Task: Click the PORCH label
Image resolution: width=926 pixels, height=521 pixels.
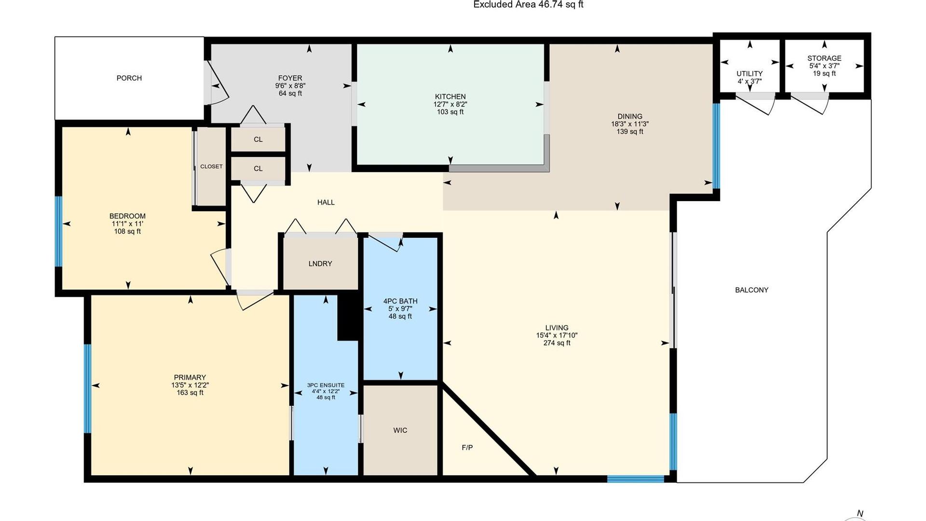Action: pyautogui.click(x=129, y=78)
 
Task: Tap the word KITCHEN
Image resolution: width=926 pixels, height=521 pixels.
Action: pyautogui.click(x=450, y=96)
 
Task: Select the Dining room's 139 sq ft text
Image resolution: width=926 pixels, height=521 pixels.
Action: pyautogui.click(x=630, y=132)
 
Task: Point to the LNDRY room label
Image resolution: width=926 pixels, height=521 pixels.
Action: pyautogui.click(x=320, y=264)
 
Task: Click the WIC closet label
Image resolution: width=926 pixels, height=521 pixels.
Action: pyautogui.click(x=400, y=430)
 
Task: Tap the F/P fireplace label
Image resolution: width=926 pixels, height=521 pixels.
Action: pyautogui.click(x=467, y=448)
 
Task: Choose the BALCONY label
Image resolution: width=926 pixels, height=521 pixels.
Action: pyautogui.click(x=752, y=290)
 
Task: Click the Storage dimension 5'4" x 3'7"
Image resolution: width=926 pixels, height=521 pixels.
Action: pyautogui.click(x=824, y=66)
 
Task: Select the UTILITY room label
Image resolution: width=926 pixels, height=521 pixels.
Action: pyautogui.click(x=749, y=74)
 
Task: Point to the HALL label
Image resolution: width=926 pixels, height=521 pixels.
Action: pyautogui.click(x=326, y=203)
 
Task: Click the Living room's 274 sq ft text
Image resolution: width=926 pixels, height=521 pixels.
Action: pyautogui.click(x=557, y=343)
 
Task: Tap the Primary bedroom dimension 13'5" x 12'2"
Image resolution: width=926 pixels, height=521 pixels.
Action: pyautogui.click(x=190, y=385)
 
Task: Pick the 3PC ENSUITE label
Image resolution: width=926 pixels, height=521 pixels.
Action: pyautogui.click(x=326, y=385)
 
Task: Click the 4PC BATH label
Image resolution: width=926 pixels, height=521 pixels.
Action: pyautogui.click(x=400, y=301)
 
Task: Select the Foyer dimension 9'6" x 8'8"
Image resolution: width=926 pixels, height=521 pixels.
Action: pyautogui.click(x=290, y=86)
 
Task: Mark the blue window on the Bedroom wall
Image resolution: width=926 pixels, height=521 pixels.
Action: pyautogui.click(x=58, y=231)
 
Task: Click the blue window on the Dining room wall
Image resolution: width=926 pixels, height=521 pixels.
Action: pyautogui.click(x=716, y=146)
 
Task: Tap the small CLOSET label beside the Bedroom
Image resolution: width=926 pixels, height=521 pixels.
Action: pyautogui.click(x=211, y=166)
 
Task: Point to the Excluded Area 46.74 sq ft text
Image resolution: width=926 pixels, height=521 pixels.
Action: pyautogui.click(x=529, y=5)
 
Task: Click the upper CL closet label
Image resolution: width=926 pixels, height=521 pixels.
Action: pyautogui.click(x=258, y=139)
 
